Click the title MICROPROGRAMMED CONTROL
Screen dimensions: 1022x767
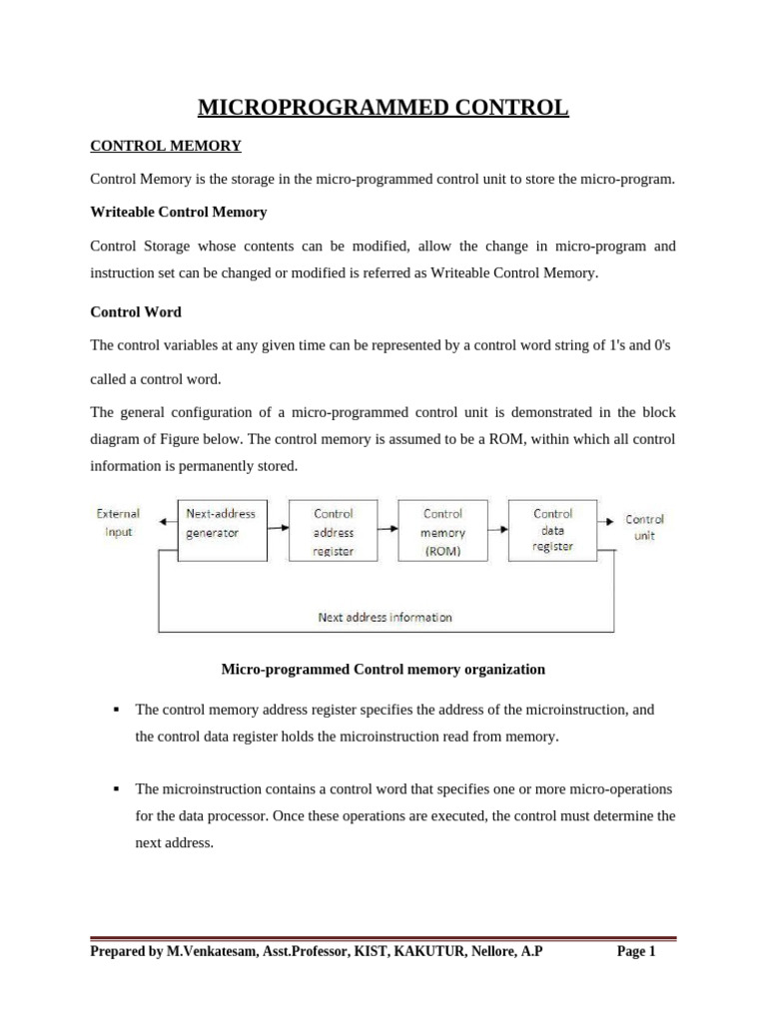pos(383,107)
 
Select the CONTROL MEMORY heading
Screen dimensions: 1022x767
pos(166,146)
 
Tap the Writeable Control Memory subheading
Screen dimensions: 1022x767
pos(179,213)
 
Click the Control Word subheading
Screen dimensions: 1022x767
pos(136,312)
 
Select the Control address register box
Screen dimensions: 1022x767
pos(333,531)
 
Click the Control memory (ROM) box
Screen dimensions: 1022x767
pos(442,531)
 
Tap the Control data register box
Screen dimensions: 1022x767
pos(553,531)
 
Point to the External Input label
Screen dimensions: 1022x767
pos(118,523)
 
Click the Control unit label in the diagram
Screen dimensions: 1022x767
pos(644,526)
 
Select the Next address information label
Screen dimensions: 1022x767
pos(384,617)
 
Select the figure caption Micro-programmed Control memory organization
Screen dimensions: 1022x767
pos(383,669)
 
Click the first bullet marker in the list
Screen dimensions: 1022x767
pos(116,710)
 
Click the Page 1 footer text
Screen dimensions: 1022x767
pos(636,952)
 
